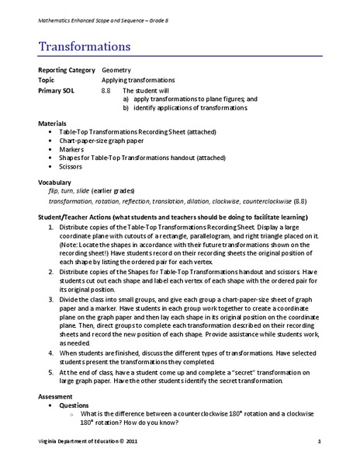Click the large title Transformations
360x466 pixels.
85,47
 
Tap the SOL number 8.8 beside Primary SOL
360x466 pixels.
106,89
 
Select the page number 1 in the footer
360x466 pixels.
319,441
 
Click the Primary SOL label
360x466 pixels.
57,89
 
